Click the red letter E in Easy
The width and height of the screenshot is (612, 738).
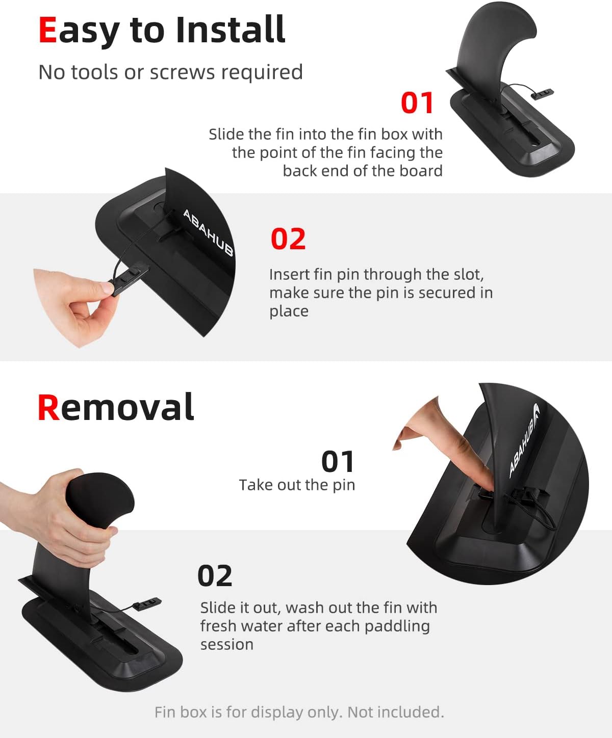(47, 30)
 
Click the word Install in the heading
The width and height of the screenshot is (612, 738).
(231, 30)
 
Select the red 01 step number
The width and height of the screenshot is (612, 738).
(417, 103)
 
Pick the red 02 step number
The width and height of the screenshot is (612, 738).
(288, 239)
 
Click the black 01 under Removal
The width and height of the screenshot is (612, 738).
(338, 462)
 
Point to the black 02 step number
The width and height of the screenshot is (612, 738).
(215, 576)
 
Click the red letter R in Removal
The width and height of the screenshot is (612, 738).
(48, 408)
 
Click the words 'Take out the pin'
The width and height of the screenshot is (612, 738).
(297, 485)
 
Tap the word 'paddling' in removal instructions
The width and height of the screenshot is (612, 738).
(397, 626)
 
